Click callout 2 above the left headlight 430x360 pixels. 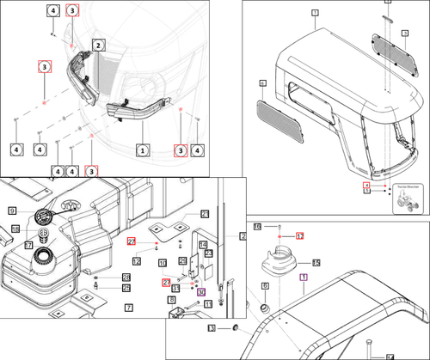tap(99, 45)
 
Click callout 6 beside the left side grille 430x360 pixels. tap(262, 83)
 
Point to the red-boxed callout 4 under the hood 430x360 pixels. tap(365, 185)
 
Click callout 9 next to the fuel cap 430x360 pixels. tap(13, 211)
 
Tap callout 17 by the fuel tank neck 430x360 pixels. tap(28, 245)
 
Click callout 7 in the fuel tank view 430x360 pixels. tap(127, 307)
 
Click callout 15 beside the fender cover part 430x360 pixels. tap(316, 263)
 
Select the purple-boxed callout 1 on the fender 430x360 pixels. tap(302, 278)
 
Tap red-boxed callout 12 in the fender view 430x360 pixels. tap(300, 235)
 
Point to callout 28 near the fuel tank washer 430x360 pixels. tap(126, 277)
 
